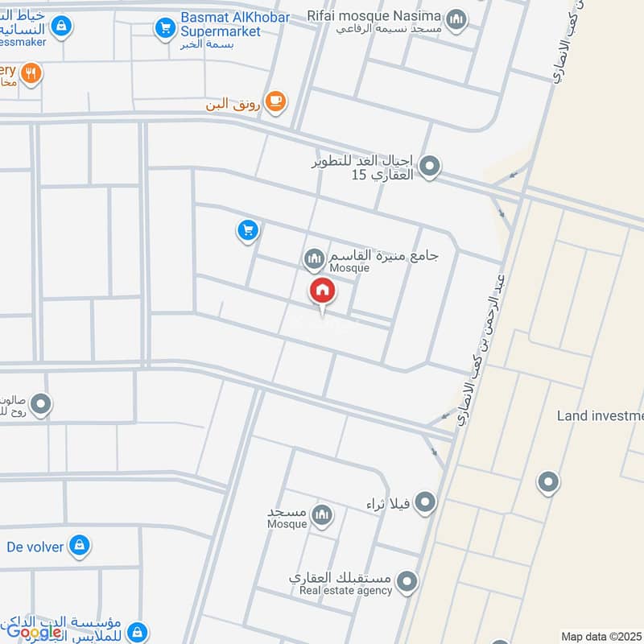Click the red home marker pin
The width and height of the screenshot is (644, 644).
tap(323, 291)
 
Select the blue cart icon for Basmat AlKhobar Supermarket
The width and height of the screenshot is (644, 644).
tap(166, 28)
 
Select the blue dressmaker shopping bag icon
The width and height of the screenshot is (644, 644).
tap(61, 27)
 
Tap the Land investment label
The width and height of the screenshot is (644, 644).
tap(600, 415)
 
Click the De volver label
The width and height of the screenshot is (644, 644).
tap(35, 546)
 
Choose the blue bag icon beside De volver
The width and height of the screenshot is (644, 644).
tap(79, 546)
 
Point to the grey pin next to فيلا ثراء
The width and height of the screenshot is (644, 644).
tap(426, 504)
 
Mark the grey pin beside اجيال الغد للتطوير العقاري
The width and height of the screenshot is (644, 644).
tap(431, 167)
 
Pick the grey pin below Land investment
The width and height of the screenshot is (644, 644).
tap(549, 482)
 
